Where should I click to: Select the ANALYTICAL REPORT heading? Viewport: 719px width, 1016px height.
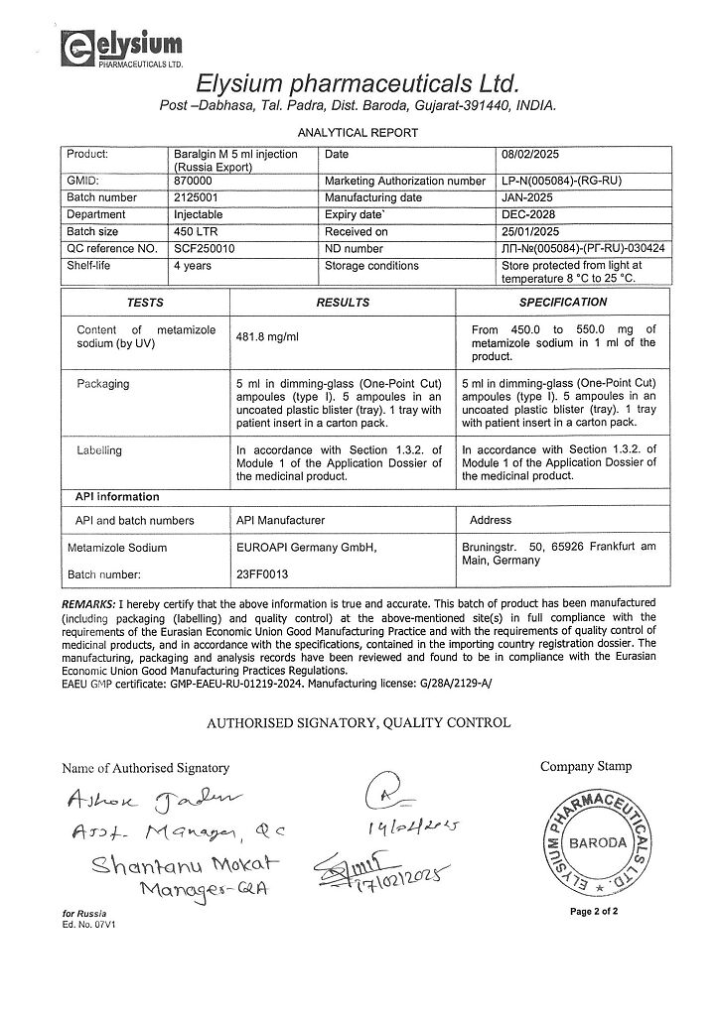pos(359,132)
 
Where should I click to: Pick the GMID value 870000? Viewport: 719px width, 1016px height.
pos(192,183)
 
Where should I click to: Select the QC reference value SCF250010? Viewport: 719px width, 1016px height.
pos(204,248)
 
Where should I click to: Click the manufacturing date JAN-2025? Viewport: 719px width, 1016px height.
pos(530,198)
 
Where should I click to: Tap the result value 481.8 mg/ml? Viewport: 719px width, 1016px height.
pos(265,337)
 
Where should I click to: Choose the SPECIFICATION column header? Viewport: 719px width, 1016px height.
pos(562,302)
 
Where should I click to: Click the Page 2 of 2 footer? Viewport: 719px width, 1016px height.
pos(594,911)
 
